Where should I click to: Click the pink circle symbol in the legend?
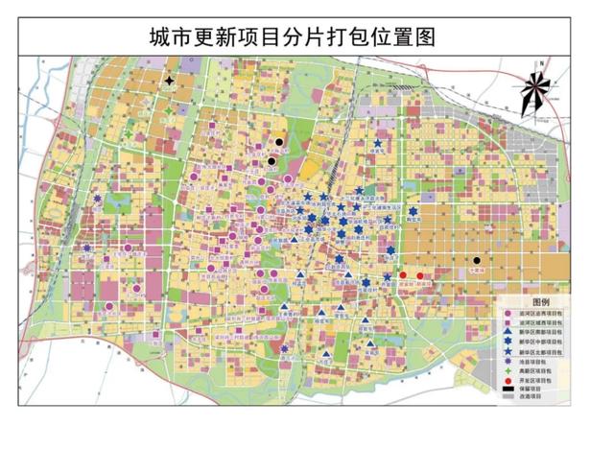pyautogui.click(x=508, y=313)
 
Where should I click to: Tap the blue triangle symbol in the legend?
pyautogui.click(x=508, y=332)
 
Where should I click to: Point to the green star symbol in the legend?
pyautogui.click(x=508, y=371)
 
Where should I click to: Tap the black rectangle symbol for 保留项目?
pyautogui.click(x=508, y=389)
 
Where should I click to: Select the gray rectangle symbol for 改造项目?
pyautogui.click(x=508, y=395)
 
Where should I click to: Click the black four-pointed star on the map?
pyautogui.click(x=170, y=82)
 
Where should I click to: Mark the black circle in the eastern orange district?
pyautogui.click(x=477, y=260)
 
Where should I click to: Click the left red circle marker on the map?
pyautogui.click(x=404, y=275)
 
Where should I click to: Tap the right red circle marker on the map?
pyautogui.click(x=420, y=276)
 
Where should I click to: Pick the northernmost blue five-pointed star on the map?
pyautogui.click(x=377, y=145)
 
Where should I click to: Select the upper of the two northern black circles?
pyautogui.click(x=278, y=142)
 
